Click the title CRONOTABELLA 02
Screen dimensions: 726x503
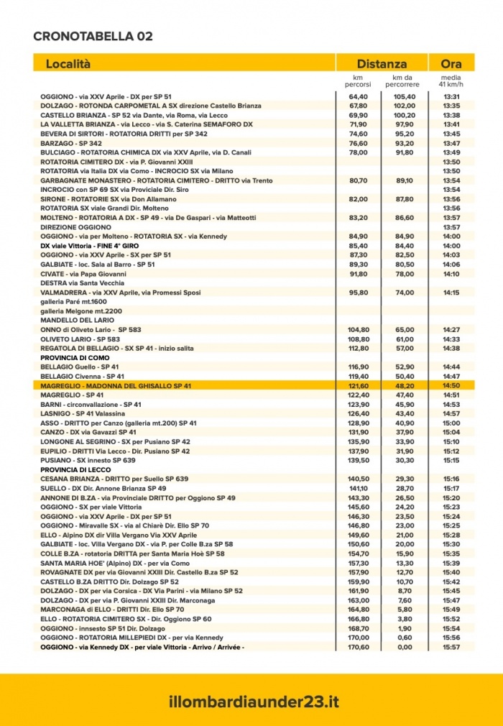93,36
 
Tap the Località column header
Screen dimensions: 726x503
68,63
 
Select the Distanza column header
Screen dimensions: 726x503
382,63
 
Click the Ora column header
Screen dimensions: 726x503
451,63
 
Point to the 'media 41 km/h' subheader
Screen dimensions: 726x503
451,81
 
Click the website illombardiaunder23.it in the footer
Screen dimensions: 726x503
251,701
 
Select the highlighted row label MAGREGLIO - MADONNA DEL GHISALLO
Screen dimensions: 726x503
116,386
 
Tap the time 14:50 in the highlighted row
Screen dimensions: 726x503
451,386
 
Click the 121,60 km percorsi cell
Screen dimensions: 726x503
359,386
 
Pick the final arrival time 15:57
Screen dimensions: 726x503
451,647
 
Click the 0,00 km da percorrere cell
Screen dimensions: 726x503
405,647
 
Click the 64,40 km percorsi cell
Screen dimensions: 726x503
359,96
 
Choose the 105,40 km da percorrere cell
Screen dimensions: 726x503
405,96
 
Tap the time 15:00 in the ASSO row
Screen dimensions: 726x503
451,423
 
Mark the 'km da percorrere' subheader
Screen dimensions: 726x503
405,81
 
